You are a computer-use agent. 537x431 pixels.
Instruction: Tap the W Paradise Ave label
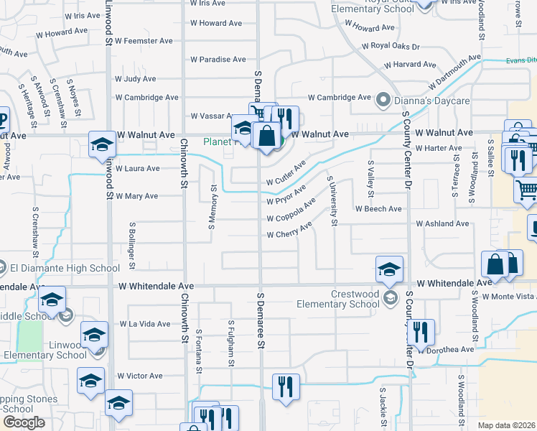click(x=218, y=60)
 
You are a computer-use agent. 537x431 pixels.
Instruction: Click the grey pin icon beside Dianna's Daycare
click(x=383, y=100)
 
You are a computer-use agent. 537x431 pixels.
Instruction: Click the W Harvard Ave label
click(x=411, y=65)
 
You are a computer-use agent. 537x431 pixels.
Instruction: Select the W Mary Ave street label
click(x=136, y=195)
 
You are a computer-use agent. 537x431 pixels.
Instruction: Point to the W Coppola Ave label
click(x=291, y=212)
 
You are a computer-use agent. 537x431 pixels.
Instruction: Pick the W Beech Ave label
click(x=378, y=209)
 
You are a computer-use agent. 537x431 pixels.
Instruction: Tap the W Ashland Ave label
click(x=442, y=224)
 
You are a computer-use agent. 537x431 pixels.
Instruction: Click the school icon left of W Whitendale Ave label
click(x=389, y=269)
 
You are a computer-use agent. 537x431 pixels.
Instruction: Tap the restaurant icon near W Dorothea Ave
click(x=421, y=331)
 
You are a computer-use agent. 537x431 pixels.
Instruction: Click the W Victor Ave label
click(x=140, y=376)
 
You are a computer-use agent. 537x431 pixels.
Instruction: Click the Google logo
click(x=24, y=422)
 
